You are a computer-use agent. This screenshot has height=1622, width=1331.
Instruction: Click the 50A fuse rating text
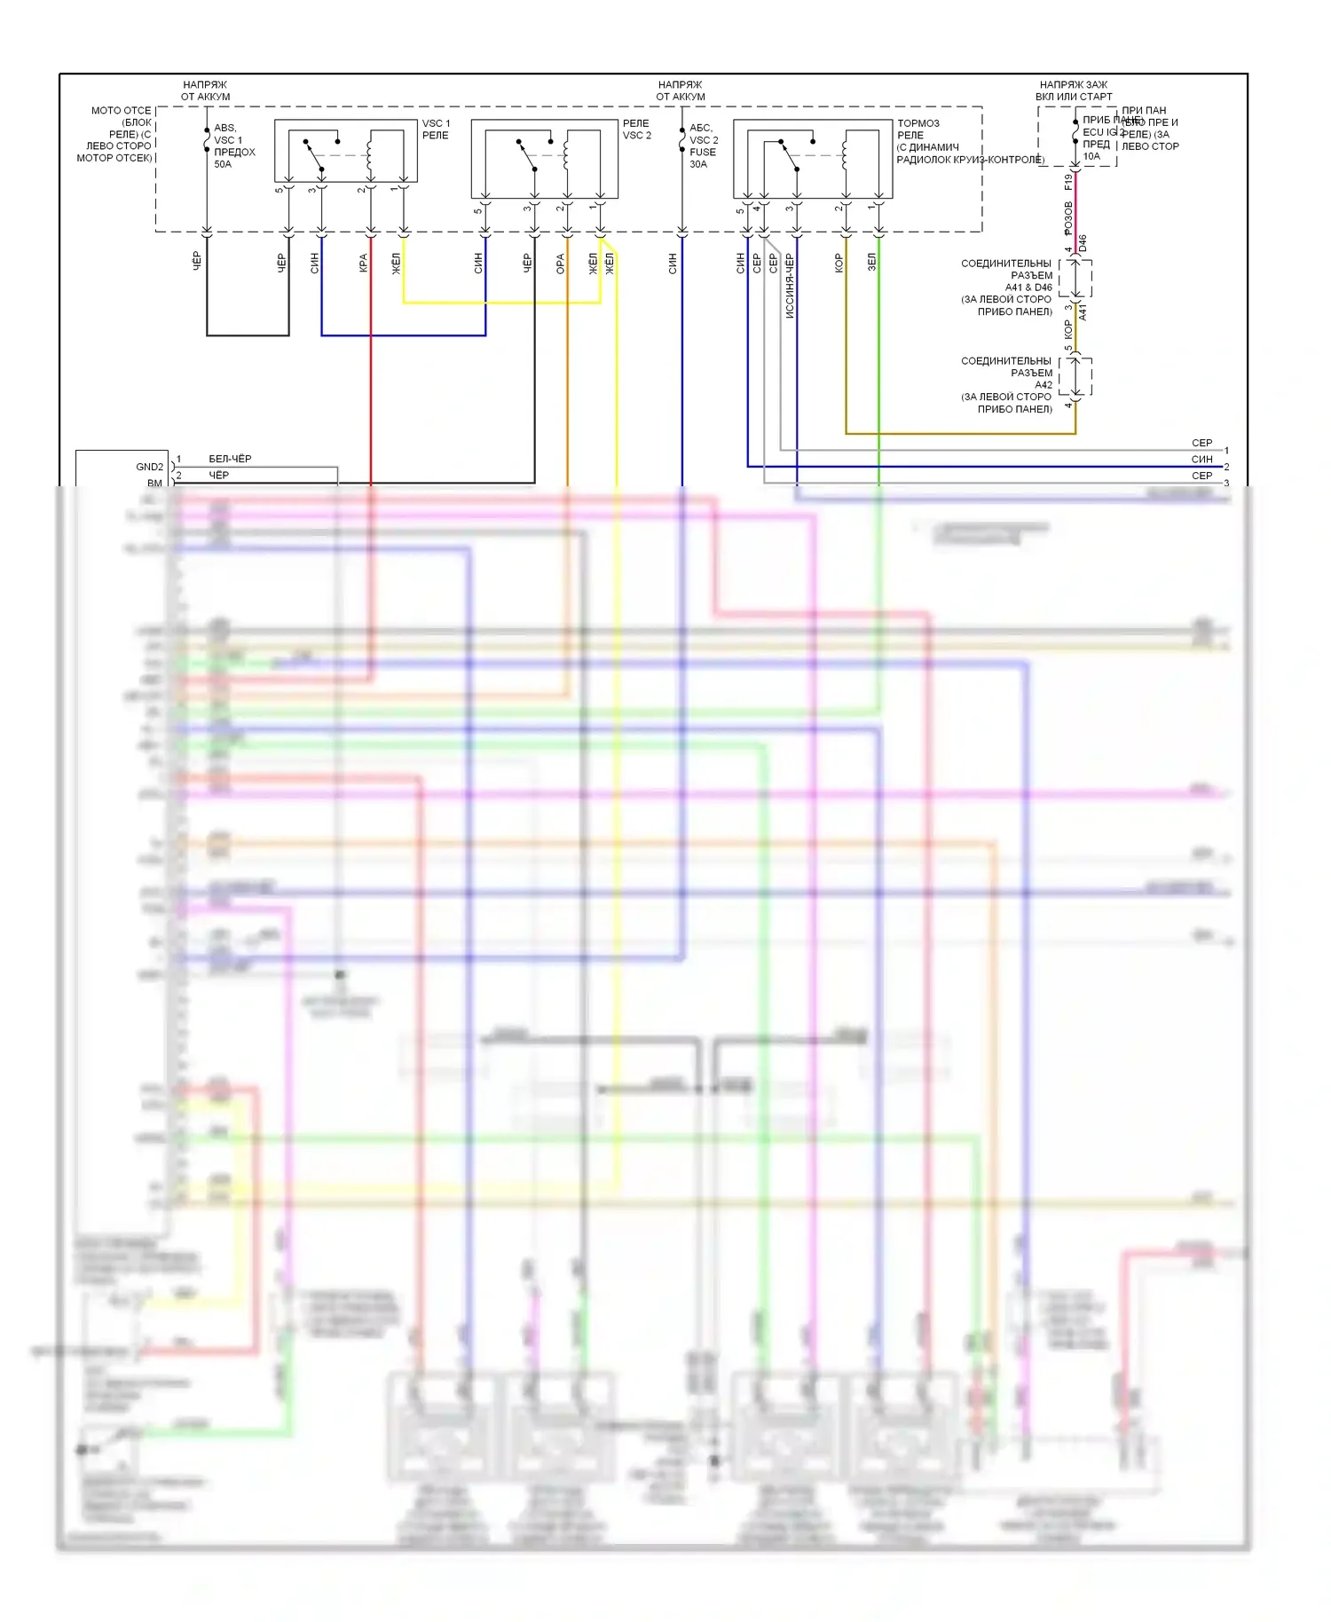click(x=222, y=164)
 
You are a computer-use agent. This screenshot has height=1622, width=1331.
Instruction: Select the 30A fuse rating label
click(x=698, y=164)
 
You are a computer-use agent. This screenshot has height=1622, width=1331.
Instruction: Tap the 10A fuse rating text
click(x=1091, y=156)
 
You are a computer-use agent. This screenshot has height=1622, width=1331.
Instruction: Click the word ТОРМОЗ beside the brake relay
click(x=918, y=123)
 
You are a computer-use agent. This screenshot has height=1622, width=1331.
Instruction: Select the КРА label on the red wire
click(x=363, y=263)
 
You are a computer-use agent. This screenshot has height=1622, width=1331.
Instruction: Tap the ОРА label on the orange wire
click(x=560, y=264)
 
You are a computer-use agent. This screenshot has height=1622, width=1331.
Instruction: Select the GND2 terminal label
click(x=149, y=467)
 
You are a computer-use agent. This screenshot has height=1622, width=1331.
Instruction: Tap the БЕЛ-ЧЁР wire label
click(x=230, y=459)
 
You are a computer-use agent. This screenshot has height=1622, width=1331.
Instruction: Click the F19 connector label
click(x=1068, y=182)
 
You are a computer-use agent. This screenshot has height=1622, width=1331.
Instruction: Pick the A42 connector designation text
click(x=1043, y=385)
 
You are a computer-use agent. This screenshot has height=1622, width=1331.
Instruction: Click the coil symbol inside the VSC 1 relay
click(x=369, y=155)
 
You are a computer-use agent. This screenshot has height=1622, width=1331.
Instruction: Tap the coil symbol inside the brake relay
click(x=845, y=155)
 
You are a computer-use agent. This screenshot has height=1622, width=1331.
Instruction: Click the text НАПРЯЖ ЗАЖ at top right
click(x=1074, y=85)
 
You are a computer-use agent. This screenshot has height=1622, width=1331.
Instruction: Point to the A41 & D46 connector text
click(x=1028, y=287)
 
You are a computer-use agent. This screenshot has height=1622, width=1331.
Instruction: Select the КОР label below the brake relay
click(x=839, y=263)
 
